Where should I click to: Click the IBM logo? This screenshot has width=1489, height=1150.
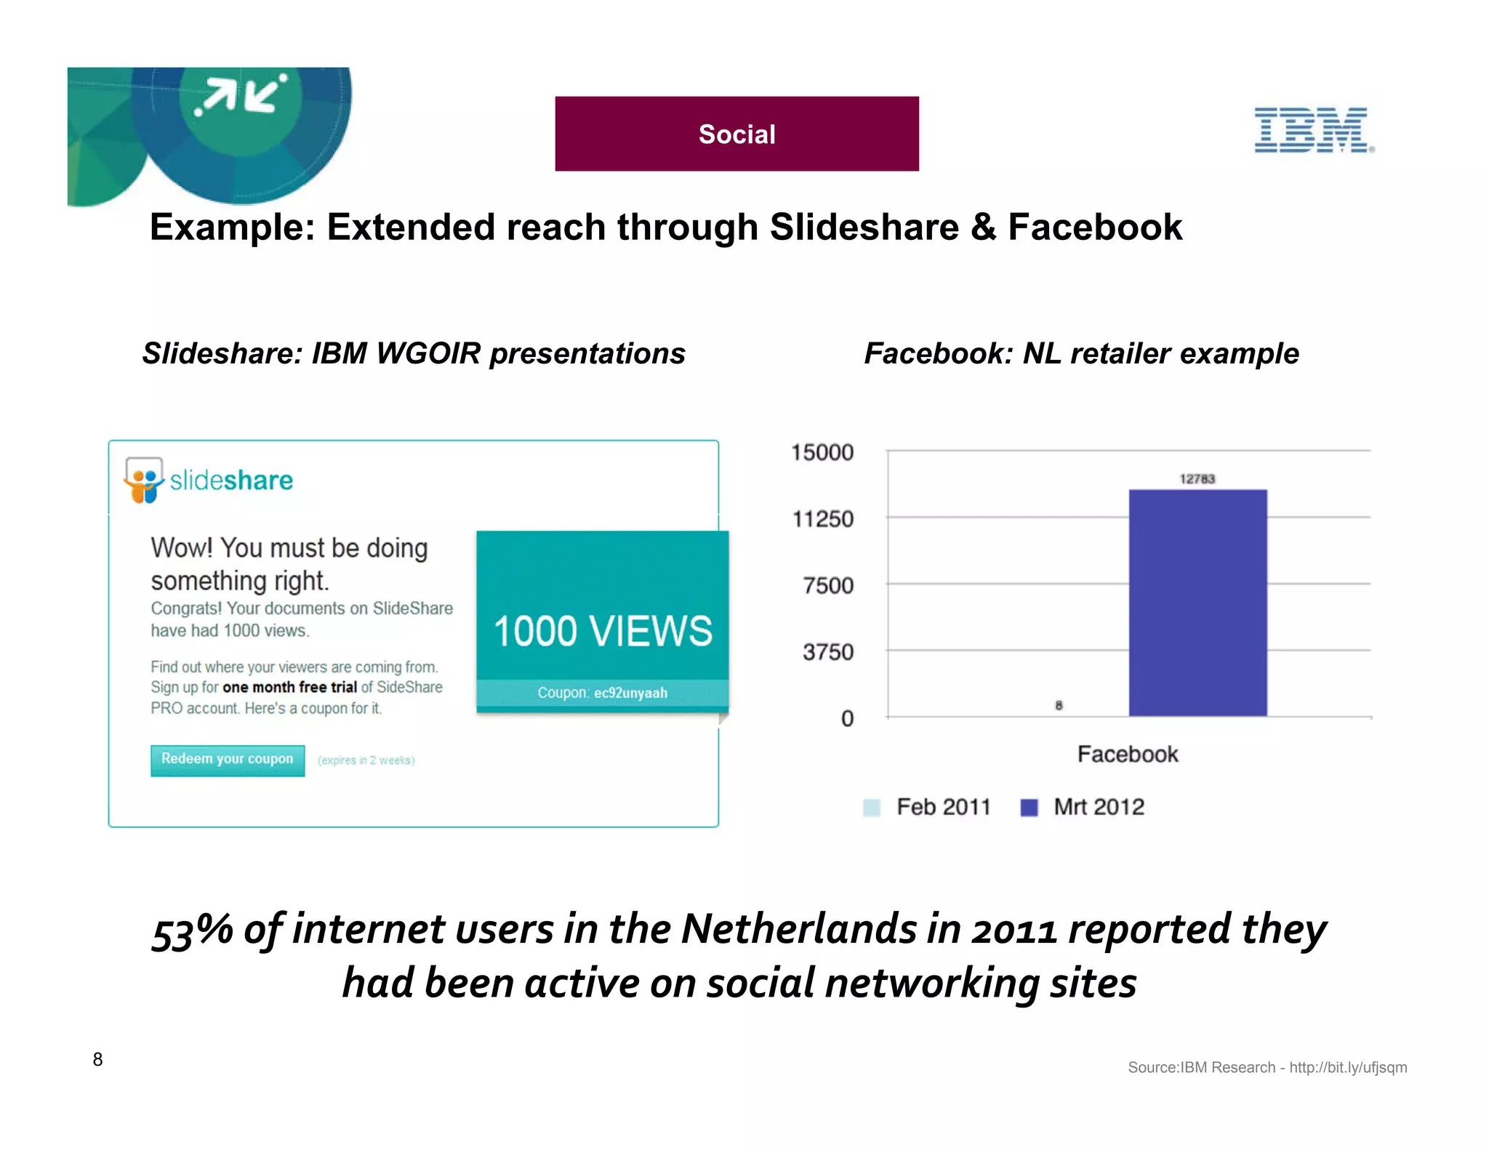[1312, 130]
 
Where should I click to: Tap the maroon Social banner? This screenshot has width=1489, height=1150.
[737, 134]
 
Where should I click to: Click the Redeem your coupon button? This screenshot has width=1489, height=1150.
[228, 760]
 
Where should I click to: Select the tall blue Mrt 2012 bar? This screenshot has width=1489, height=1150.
[1197, 603]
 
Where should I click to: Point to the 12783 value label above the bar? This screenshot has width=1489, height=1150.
[1197, 478]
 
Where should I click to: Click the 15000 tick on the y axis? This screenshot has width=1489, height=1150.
[822, 452]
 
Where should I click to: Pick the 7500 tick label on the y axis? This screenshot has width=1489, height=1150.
[828, 585]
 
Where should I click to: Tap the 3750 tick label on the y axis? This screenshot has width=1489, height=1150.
[828, 652]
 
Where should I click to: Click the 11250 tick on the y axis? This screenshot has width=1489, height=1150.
[823, 519]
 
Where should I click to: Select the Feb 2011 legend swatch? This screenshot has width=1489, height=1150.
[871, 808]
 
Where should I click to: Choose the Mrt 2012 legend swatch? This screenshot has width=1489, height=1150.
[1029, 808]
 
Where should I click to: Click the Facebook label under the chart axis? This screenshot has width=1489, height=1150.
[1128, 754]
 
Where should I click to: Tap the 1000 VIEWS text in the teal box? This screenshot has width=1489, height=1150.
[603, 630]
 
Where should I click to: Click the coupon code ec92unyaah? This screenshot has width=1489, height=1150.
[630, 693]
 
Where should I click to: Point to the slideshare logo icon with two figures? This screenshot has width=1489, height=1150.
[144, 480]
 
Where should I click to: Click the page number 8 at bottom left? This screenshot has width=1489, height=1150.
[97, 1059]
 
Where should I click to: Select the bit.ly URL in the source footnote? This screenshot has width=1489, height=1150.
[1348, 1067]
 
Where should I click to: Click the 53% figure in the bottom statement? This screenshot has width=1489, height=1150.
[193, 930]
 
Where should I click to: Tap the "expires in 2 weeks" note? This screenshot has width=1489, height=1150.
[366, 760]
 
